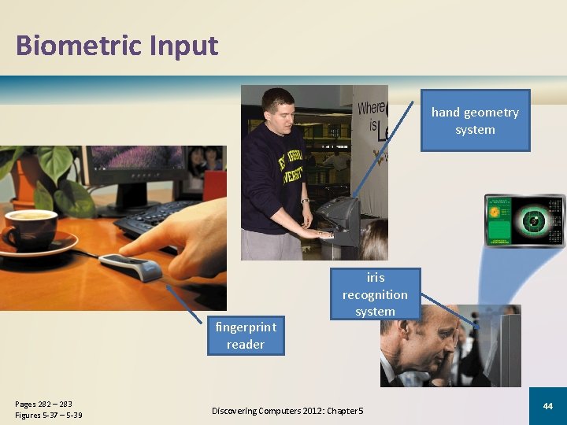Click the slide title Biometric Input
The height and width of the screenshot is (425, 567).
coord(117,46)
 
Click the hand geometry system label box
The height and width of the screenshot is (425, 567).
coord(475,120)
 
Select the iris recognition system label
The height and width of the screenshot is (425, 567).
coord(375,294)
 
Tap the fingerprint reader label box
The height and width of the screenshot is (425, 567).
coord(245,336)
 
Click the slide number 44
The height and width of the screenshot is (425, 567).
coord(547,405)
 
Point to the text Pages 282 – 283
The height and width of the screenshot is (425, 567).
coord(43,404)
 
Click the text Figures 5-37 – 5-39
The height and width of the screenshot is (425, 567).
coord(48,415)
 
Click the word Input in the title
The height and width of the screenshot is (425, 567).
coord(186,46)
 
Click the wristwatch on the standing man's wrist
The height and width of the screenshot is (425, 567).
coord(304,201)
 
